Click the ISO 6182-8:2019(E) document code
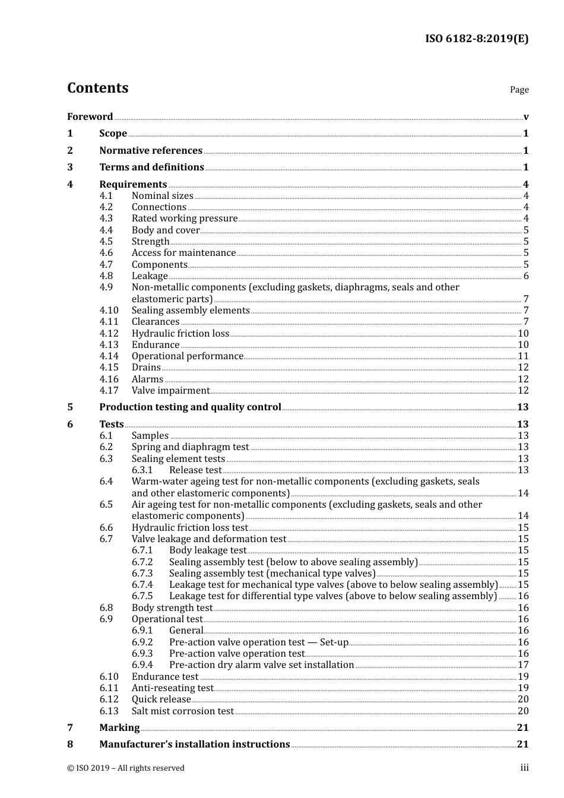click(x=476, y=39)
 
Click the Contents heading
click(x=97, y=88)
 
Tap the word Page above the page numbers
click(x=519, y=90)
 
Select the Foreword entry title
click(x=90, y=117)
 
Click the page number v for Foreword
click(x=525, y=117)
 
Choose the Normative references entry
click(x=151, y=151)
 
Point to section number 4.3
click(x=106, y=218)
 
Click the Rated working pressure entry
click(x=185, y=218)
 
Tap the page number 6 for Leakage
click(x=525, y=276)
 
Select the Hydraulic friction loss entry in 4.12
click(x=180, y=334)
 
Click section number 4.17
click(x=109, y=391)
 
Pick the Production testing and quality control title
click(x=190, y=407)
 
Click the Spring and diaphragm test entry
click(x=190, y=447)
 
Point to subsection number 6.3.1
click(x=142, y=470)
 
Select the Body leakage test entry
click(x=207, y=550)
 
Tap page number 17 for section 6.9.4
click(x=523, y=665)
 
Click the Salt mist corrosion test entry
click(x=183, y=711)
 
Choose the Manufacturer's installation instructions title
click(x=195, y=745)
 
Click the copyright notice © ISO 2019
click(x=126, y=768)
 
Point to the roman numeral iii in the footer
click(x=524, y=768)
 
